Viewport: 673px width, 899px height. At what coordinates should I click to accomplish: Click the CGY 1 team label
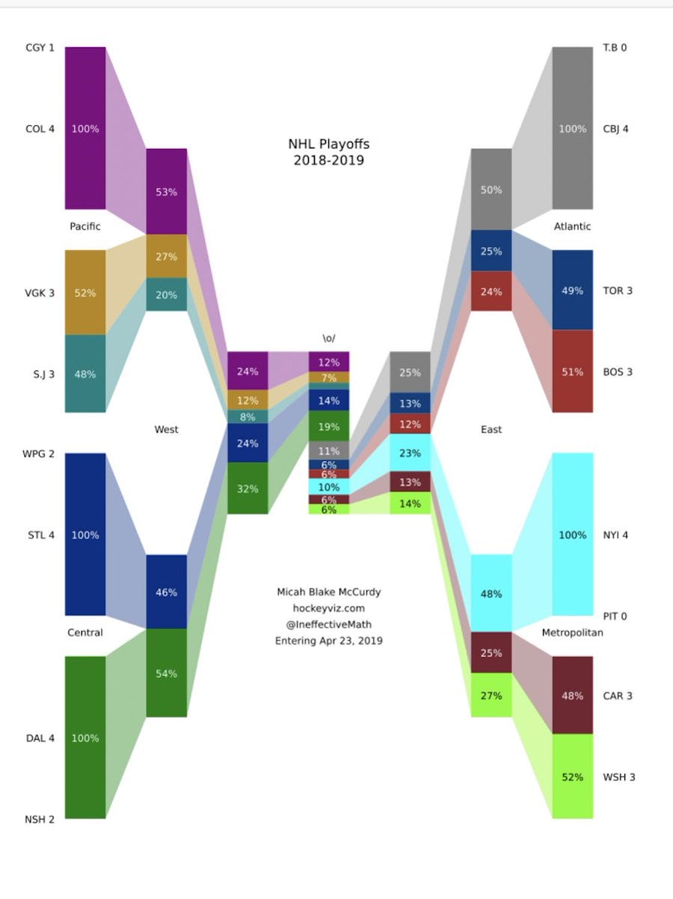tap(40, 48)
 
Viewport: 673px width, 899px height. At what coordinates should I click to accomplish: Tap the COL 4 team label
tap(40, 129)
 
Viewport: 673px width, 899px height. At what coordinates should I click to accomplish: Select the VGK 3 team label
tap(40, 293)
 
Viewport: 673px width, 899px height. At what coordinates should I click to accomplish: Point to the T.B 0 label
tap(615, 48)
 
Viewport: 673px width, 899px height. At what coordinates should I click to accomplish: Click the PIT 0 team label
tap(615, 617)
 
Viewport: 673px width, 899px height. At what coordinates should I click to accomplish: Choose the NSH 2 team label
tap(40, 820)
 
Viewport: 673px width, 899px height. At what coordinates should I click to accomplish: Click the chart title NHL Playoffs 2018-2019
tap(328, 152)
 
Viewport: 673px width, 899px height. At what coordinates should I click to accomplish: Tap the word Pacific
tap(84, 226)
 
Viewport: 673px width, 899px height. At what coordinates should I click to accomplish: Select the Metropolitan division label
tap(572, 633)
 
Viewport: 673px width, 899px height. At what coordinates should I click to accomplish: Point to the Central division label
tap(85, 633)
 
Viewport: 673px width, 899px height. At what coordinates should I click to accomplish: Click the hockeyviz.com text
tap(328, 609)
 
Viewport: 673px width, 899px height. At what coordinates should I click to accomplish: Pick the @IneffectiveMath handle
tap(328, 625)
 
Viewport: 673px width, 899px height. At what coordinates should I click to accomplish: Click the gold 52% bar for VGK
tap(85, 293)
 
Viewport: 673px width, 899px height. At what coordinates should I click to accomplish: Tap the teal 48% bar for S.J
tap(85, 374)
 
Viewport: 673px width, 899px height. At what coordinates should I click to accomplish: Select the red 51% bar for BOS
tap(572, 371)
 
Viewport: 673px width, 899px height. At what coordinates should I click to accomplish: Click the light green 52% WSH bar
tap(572, 776)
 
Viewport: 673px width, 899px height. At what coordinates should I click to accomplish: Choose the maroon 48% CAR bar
tap(572, 695)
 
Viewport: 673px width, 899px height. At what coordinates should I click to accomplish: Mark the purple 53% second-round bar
tap(166, 192)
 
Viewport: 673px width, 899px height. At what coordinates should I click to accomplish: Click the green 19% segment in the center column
tap(328, 426)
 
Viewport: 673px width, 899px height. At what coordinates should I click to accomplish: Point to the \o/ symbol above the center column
tap(328, 339)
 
